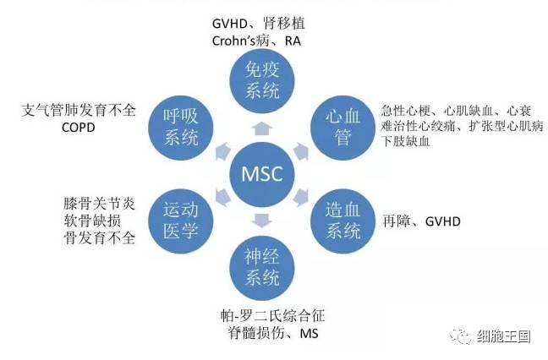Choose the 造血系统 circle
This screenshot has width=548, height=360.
click(x=342, y=221)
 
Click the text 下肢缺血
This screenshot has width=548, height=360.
click(x=406, y=142)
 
